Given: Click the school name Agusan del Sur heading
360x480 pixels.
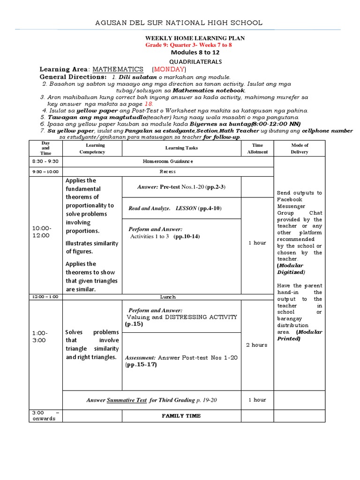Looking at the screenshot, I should click(x=179, y=22).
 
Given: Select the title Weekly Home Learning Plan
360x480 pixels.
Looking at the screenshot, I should click(x=189, y=38).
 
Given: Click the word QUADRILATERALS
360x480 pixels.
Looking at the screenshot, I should click(x=189, y=61).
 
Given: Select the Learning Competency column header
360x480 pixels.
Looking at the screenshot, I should click(x=92, y=148).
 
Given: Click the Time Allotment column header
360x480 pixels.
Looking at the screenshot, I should click(x=257, y=148).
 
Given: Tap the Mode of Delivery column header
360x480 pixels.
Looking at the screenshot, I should click(x=299, y=148).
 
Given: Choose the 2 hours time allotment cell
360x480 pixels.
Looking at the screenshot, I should click(x=257, y=345).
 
